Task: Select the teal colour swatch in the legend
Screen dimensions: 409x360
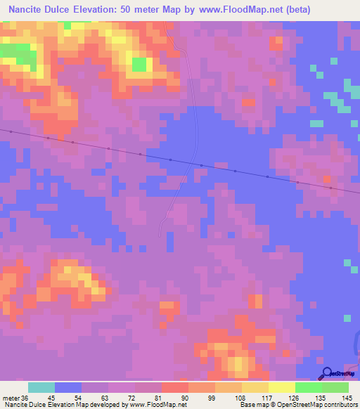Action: click(x=41, y=387)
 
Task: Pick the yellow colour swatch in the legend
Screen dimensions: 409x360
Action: click(x=282, y=387)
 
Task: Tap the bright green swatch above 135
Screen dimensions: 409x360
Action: click(x=309, y=387)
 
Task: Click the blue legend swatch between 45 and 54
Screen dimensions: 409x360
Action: click(x=68, y=387)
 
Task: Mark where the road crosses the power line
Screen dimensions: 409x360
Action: click(x=198, y=165)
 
